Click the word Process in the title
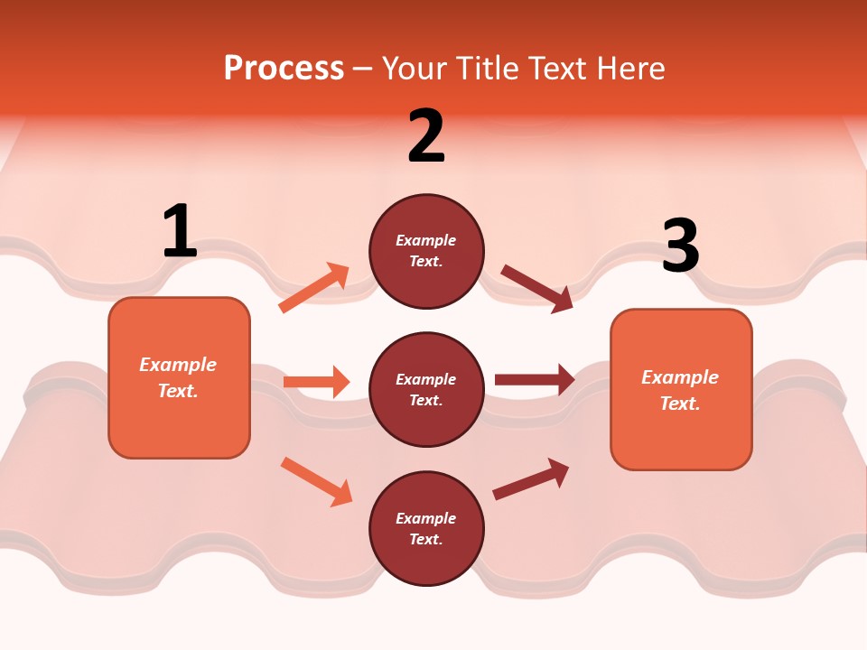click(284, 69)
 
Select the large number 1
click(180, 232)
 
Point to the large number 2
click(426, 136)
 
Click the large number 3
click(680, 246)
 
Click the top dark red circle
click(426, 251)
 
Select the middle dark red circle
click(426, 389)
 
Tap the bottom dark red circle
click(426, 528)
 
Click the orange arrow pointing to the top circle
click(314, 288)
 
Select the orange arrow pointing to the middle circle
click(316, 382)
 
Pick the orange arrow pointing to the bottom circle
click(316, 481)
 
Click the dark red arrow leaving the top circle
click(537, 289)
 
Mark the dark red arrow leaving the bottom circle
click(531, 478)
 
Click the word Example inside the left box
click(178, 365)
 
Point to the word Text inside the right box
click(680, 404)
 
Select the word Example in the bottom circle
click(426, 518)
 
